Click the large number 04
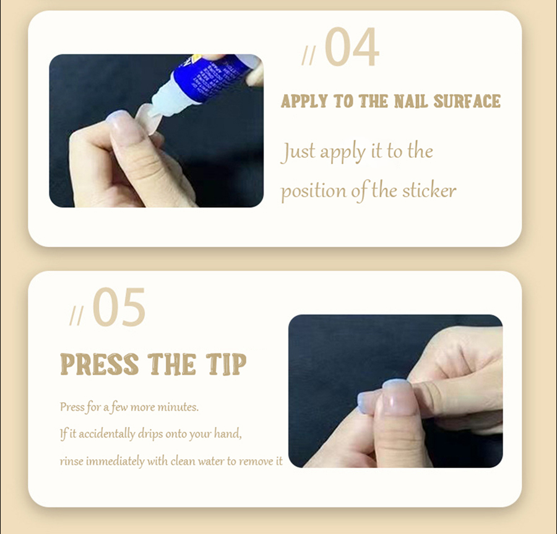tap(352, 47)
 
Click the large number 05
tap(119, 307)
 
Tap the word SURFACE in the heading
tap(467, 101)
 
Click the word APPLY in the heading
tap(304, 101)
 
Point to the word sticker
tap(429, 191)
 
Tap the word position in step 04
tap(313, 192)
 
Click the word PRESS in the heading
tap(100, 364)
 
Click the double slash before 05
tap(76, 316)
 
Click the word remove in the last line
tap(256, 461)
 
